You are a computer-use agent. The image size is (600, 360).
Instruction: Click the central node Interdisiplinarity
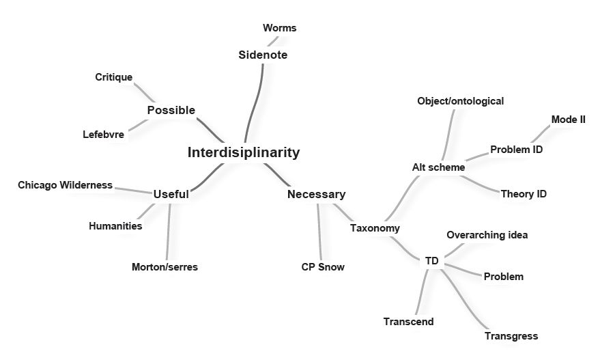click(x=244, y=152)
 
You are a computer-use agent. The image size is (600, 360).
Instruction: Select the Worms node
click(x=279, y=28)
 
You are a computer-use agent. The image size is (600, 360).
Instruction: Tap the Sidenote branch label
click(x=263, y=55)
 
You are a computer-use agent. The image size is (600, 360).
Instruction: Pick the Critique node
click(x=114, y=77)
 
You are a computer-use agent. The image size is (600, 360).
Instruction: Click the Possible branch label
click(x=171, y=110)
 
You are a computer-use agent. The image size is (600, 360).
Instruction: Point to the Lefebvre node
click(x=104, y=134)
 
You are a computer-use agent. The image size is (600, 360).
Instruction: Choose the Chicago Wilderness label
click(x=66, y=185)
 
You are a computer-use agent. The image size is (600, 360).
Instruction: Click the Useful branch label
click(x=171, y=194)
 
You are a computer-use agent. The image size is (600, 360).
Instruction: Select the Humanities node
click(x=115, y=226)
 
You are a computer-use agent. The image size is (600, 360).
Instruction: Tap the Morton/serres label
click(x=165, y=267)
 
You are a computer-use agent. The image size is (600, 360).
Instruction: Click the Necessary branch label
click(x=316, y=194)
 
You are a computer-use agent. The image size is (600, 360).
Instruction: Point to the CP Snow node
click(x=323, y=267)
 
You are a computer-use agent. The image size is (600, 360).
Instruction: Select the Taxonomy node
click(x=375, y=227)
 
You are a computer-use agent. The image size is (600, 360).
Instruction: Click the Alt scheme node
click(x=438, y=167)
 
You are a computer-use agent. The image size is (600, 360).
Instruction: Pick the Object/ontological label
click(x=460, y=101)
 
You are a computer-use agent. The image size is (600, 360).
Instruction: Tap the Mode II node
click(x=568, y=119)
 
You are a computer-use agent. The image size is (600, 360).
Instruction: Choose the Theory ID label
click(x=524, y=194)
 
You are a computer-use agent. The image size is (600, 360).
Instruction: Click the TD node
click(x=431, y=261)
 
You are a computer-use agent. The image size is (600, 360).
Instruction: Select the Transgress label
click(x=511, y=335)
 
